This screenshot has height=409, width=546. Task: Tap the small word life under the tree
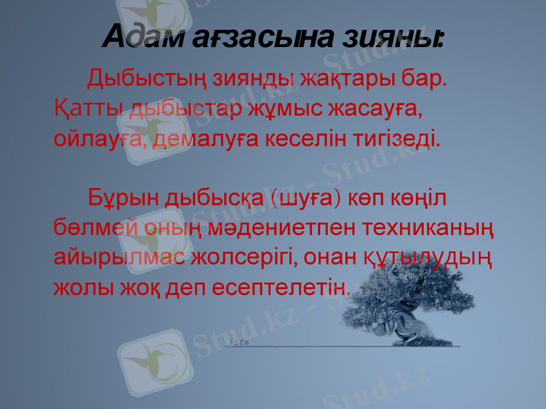pos(238,342)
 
